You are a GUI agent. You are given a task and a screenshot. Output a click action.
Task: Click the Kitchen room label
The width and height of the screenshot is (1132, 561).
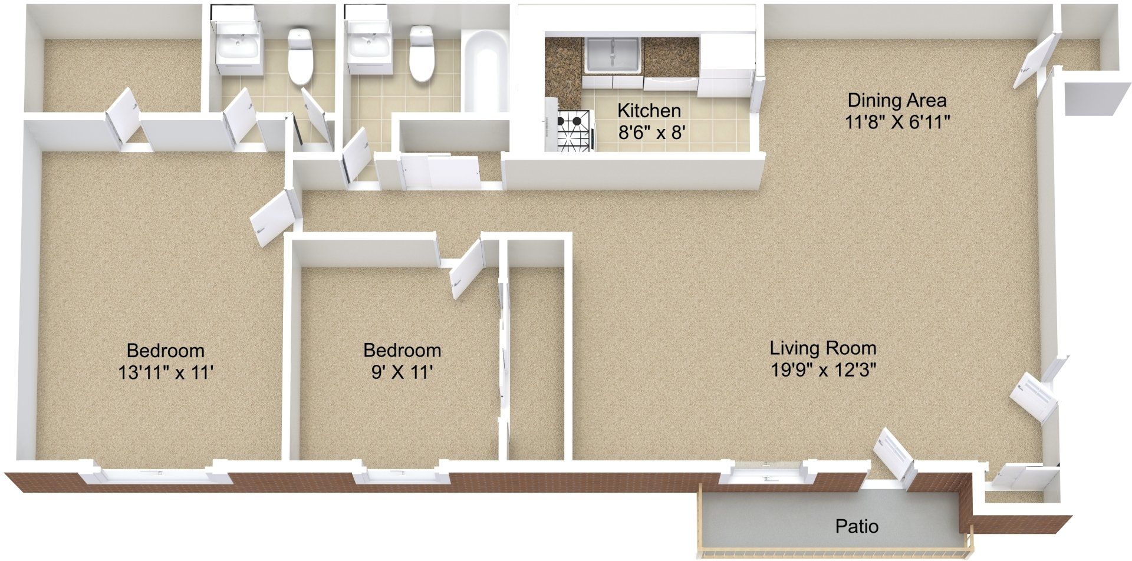pyautogui.click(x=649, y=110)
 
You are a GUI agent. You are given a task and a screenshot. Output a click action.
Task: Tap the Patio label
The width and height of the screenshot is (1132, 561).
pyautogui.click(x=857, y=526)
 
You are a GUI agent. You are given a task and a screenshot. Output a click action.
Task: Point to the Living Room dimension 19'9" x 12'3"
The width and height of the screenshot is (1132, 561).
pyautogui.click(x=823, y=370)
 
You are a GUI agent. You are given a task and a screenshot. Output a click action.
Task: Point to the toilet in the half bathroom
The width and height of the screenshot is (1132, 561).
pyautogui.click(x=300, y=57)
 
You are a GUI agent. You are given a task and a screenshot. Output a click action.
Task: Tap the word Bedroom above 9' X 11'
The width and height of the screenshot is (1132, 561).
pyautogui.click(x=402, y=351)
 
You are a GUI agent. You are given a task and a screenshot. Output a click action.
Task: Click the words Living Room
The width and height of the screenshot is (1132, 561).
pyautogui.click(x=823, y=348)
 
